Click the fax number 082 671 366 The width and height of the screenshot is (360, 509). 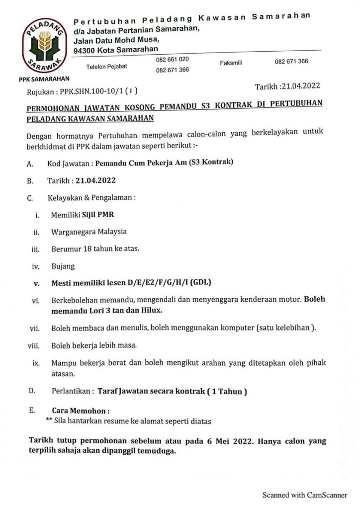click(291, 62)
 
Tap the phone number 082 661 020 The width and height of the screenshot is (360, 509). click(172, 59)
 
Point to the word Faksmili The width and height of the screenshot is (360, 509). click(231, 64)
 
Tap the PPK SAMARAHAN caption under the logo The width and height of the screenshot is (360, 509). click(44, 79)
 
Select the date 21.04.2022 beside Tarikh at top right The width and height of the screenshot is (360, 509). click(300, 86)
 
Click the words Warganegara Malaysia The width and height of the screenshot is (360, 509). click(89, 232)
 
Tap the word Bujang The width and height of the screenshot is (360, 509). click(63, 266)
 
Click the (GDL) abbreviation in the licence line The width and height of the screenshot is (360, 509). click(199, 283)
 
